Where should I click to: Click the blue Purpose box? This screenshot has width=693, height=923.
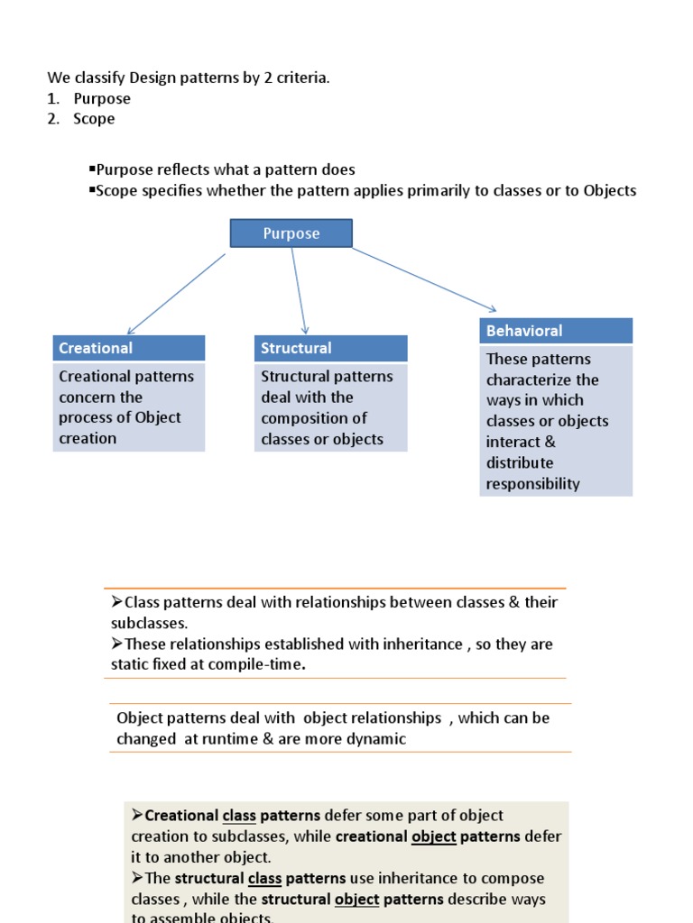[x=291, y=233]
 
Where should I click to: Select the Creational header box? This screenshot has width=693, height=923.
[x=129, y=348]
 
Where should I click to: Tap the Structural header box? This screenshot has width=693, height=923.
[x=330, y=348]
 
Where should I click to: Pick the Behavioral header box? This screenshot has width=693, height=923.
[x=556, y=331]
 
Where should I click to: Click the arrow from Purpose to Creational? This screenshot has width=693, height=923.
[x=176, y=294]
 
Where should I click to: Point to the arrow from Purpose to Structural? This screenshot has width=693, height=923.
[x=299, y=290]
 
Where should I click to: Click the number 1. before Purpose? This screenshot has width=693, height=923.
[x=53, y=98]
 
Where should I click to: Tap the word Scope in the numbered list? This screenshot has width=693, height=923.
[x=94, y=119]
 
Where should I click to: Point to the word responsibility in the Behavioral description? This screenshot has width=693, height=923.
[x=532, y=484]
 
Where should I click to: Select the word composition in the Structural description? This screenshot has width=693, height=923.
[x=314, y=418]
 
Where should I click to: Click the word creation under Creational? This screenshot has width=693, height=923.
[x=88, y=439]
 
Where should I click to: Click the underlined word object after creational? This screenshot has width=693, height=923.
[x=433, y=836]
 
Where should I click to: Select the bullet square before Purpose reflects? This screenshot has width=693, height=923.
[x=92, y=169]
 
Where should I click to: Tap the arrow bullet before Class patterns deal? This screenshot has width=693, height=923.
[x=116, y=602]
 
